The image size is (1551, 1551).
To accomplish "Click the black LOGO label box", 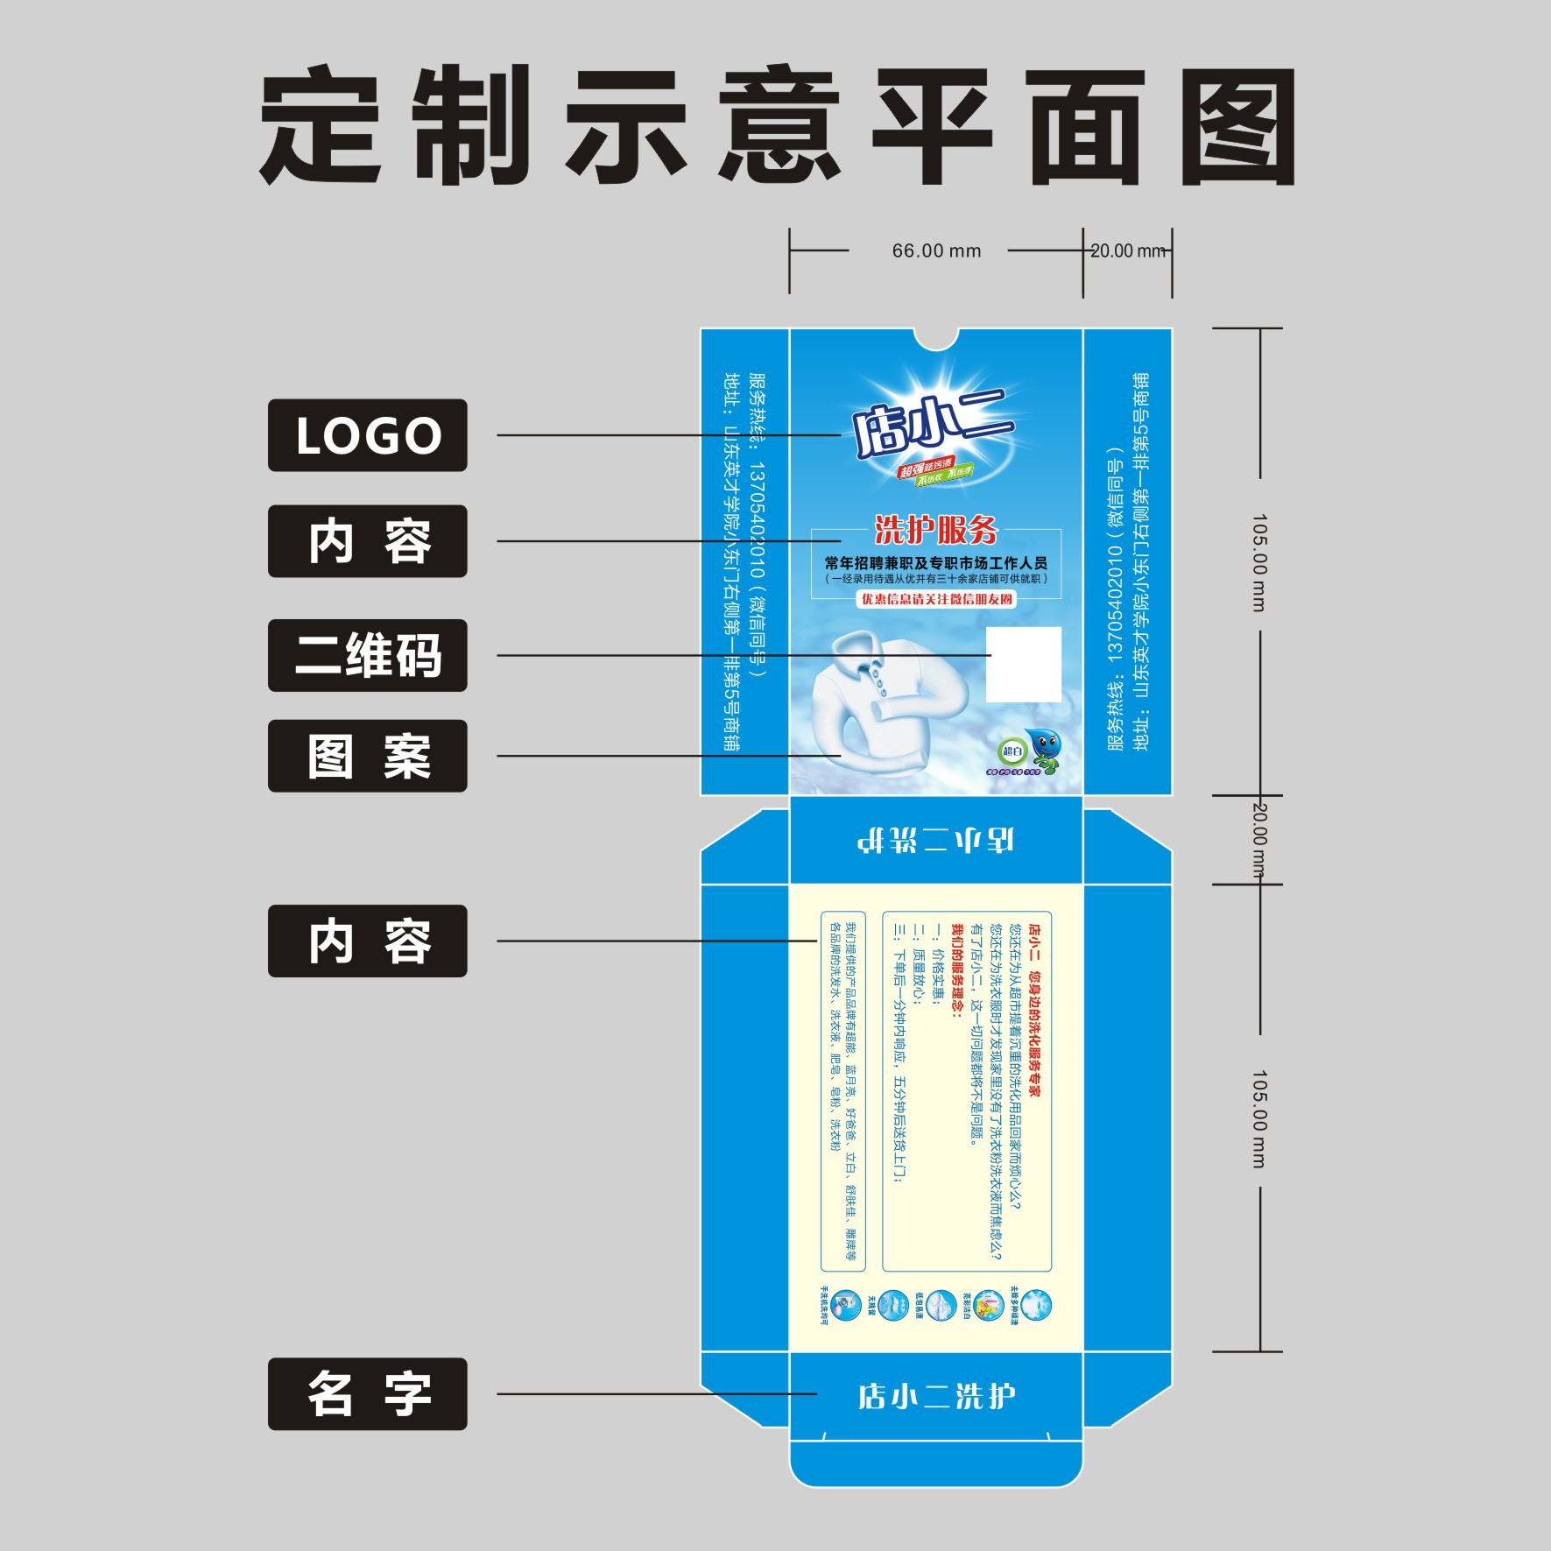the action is pos(367,435).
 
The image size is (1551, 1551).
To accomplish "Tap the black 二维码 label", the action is pos(367,655).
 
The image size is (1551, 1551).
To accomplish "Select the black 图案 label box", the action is pos(367,756).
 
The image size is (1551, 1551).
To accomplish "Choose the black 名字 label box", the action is pos(367,1393).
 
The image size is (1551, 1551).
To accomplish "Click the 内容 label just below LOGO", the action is pos(367,541).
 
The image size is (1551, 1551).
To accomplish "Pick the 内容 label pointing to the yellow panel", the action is pos(367,941).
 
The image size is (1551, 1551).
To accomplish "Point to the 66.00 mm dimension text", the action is pos(936,251).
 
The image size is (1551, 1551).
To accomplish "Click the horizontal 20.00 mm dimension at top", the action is pos(1128,251).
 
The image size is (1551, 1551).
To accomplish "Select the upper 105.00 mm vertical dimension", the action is pos(1258,562).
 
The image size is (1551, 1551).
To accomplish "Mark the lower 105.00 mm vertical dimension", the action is pos(1258,1118).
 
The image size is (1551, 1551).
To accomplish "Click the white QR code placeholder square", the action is pos(1024,664).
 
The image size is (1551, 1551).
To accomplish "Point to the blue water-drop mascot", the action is pos(1045,749).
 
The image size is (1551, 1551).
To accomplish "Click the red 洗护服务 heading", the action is pos(936,530).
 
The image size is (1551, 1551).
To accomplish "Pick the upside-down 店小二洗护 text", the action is pos(936,840).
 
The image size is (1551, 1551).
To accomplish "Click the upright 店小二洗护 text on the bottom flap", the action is pos(936,1396).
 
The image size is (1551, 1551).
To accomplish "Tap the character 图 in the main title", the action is pos(1238,125).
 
